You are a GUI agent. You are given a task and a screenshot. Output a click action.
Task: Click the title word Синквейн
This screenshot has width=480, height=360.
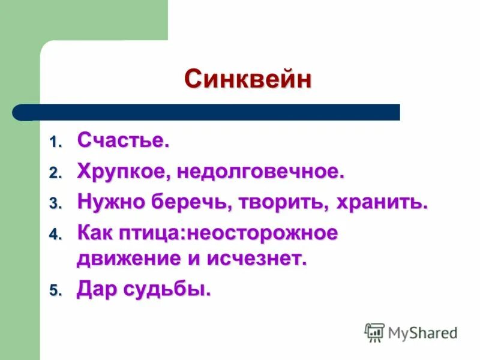pos(248,79)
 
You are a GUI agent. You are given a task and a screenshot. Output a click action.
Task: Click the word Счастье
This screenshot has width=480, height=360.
pos(123,142)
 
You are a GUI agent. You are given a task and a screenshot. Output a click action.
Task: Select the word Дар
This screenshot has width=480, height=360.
pos(96,289)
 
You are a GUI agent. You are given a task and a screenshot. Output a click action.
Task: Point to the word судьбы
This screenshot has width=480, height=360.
pos(166,290)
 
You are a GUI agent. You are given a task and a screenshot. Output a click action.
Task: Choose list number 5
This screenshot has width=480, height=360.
pos(55,292)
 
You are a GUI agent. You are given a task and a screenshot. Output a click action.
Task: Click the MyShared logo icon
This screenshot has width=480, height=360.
pos(374,332)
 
